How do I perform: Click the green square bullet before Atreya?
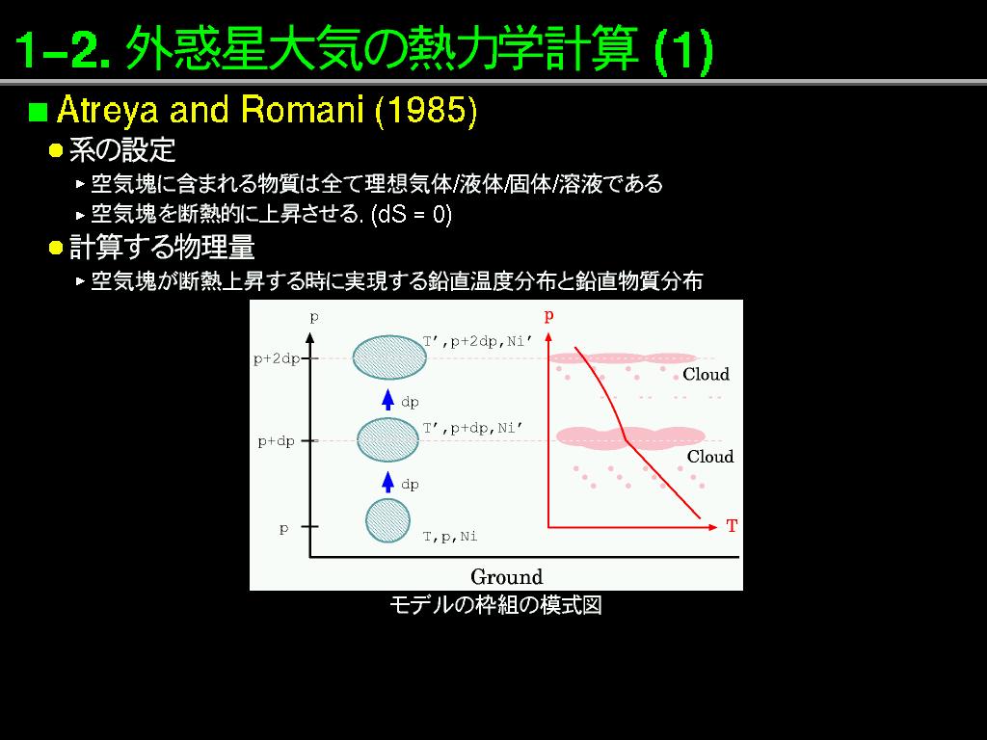point(38,112)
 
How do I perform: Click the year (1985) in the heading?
point(426,111)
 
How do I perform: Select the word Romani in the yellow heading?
point(302,110)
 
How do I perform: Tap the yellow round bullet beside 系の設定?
point(56,150)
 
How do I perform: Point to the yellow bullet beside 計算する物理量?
point(56,248)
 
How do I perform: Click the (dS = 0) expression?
point(412,215)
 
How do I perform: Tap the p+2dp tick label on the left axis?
point(277,358)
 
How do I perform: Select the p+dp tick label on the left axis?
point(277,441)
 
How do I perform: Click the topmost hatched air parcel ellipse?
point(389,357)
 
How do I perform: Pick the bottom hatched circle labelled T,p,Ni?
point(387,521)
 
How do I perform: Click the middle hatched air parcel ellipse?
point(387,439)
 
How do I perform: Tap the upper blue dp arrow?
point(388,400)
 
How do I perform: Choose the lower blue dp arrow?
point(388,482)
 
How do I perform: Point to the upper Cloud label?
point(706,375)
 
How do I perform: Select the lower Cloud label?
point(710,456)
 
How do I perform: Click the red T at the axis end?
point(732,526)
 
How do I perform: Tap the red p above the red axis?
point(548,315)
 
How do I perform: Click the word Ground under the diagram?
point(507,576)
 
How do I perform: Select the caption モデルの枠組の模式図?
point(496,605)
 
